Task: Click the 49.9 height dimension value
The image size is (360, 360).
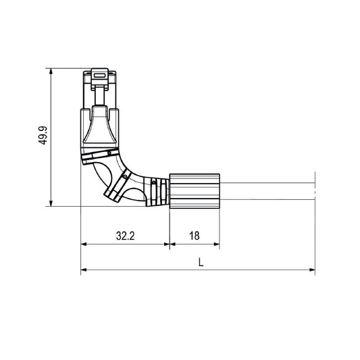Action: (43, 136)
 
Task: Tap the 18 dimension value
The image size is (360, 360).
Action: (194, 236)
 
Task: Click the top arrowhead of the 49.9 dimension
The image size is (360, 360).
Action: (51, 71)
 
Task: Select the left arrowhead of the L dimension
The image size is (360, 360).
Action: (84, 270)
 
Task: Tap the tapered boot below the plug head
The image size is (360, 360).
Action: (100, 128)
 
